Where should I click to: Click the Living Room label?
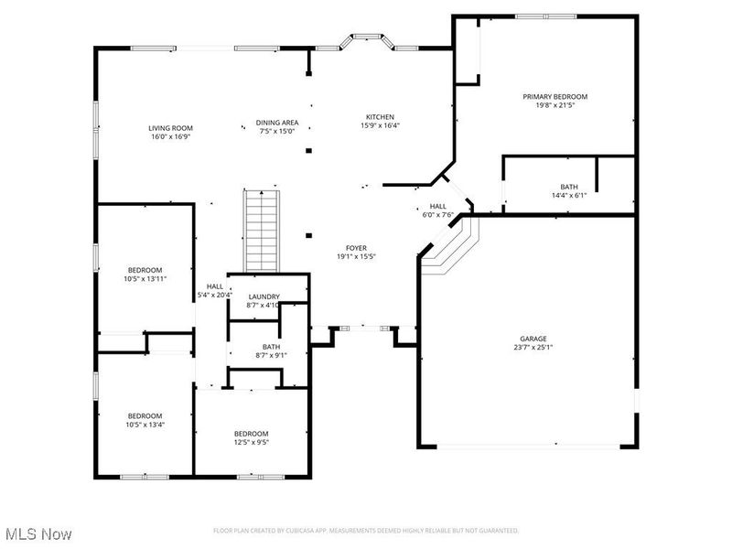(x=169, y=128)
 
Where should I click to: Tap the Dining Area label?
(x=276, y=122)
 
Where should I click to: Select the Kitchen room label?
(x=380, y=117)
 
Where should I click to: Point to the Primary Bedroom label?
(x=554, y=96)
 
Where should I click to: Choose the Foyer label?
(x=356, y=248)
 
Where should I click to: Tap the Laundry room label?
(x=264, y=296)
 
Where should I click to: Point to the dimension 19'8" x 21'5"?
(x=554, y=105)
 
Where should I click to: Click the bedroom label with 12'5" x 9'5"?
(x=251, y=434)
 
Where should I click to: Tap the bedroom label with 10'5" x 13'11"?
(x=145, y=270)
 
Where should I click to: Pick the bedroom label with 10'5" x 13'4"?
(x=145, y=415)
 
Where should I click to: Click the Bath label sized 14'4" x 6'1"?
(x=569, y=186)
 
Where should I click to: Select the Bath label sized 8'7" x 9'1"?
(x=271, y=347)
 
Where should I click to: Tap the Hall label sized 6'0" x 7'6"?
(x=438, y=207)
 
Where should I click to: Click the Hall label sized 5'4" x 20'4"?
(x=215, y=286)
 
